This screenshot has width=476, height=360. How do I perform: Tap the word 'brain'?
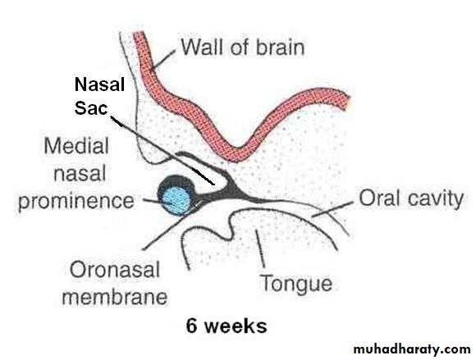coord(281,48)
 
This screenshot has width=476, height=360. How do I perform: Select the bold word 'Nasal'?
coord(99,84)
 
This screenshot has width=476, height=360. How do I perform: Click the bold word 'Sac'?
coord(91,108)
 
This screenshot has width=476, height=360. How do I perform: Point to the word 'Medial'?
coord(76,146)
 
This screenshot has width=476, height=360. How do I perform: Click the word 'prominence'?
coord(76,202)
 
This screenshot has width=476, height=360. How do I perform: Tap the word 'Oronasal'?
coord(115,269)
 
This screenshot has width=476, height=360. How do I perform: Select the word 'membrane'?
coord(115,297)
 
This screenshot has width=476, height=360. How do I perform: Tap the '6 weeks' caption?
coord(227,326)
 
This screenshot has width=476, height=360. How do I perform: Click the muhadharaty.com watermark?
coord(412,349)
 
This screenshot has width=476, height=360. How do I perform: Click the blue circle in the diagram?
coord(176,201)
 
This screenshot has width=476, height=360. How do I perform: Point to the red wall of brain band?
coord(240,150)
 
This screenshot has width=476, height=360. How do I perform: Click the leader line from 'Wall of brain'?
coord(163,59)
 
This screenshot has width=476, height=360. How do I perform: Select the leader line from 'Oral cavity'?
coord(333,209)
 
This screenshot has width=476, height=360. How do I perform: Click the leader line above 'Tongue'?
coord(260,248)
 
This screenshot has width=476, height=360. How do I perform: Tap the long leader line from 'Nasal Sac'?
coord(162,150)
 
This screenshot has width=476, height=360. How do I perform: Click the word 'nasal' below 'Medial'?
coord(80,174)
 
